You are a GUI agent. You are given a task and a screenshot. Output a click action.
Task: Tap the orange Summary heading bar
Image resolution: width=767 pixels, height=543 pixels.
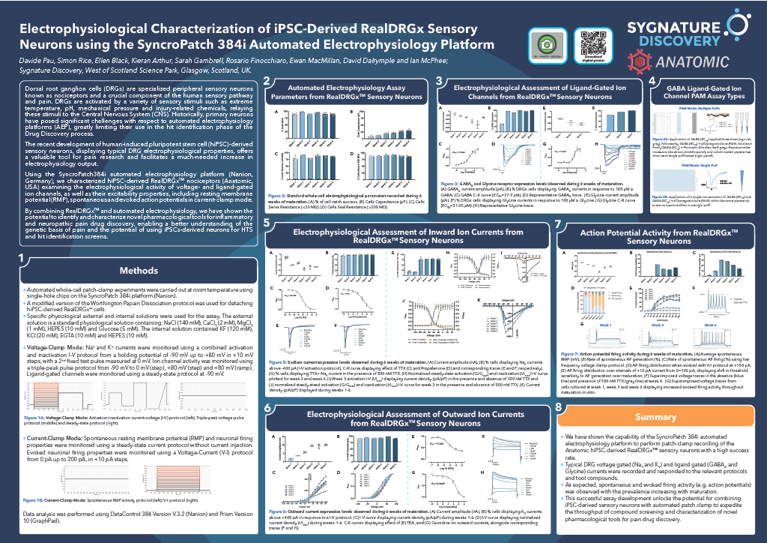(x=660, y=416)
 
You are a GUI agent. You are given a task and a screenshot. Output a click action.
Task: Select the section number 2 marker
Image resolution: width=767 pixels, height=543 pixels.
(x=267, y=81)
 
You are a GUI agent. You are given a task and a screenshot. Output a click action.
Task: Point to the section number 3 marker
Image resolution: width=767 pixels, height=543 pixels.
(x=441, y=81)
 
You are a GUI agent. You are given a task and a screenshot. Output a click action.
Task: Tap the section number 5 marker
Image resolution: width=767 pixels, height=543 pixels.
(x=267, y=224)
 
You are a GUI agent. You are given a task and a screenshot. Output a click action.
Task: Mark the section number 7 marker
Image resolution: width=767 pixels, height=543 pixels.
(x=559, y=224)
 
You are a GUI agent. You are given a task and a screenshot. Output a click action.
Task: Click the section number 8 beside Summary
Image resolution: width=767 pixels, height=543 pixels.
(x=559, y=407)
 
